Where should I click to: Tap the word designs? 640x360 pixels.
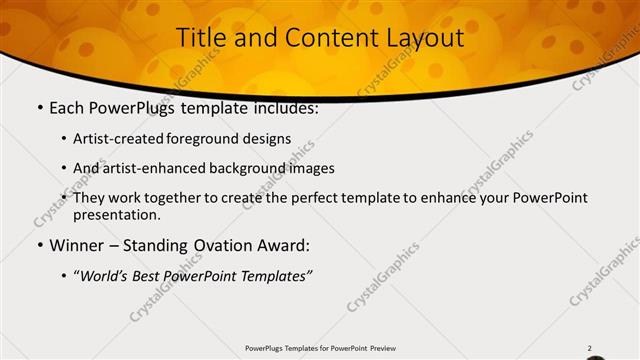[270, 139]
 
